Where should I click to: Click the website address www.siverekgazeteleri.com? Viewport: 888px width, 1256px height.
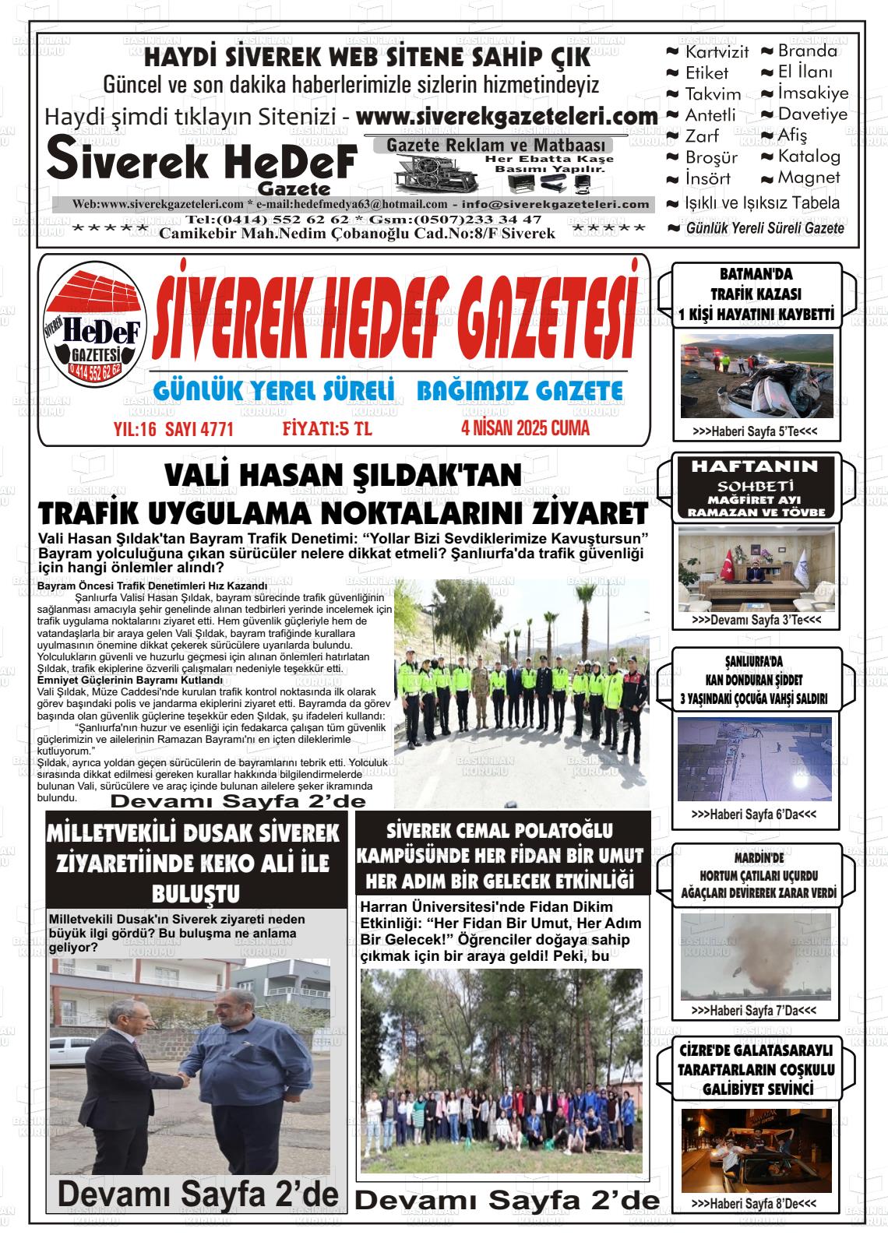507,117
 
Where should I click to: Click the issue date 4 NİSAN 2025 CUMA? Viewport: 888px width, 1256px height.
525,427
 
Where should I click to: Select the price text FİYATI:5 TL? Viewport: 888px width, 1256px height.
327,429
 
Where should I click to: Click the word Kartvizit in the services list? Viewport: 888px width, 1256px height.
716,52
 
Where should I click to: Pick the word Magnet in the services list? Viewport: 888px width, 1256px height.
809,178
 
